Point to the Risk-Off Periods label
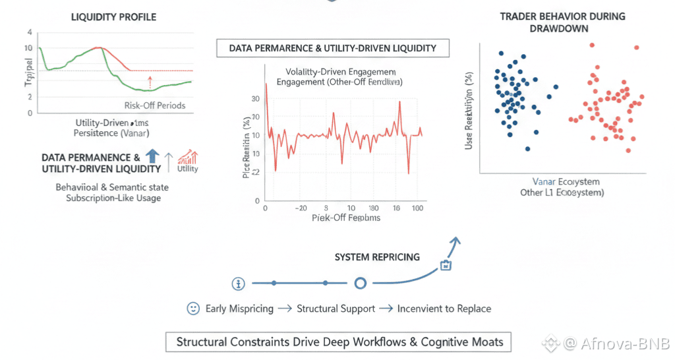pos(154,105)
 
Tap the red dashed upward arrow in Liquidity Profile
pos(150,82)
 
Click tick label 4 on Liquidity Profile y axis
pos(29,32)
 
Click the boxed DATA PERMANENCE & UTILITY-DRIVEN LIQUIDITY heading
pos(334,48)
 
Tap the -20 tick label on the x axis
pos(301,206)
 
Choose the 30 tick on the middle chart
pos(256,98)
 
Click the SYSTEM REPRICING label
pos(376,256)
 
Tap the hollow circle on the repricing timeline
pos(360,284)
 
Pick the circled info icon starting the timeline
pos(239,284)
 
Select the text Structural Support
pos(336,309)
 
